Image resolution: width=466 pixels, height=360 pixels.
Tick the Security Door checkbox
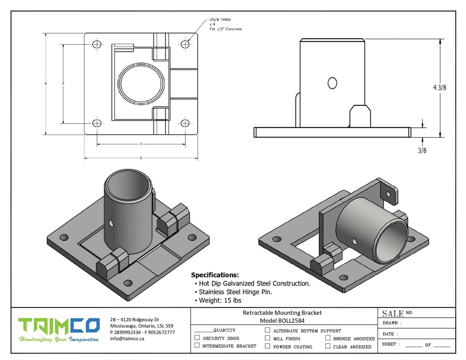(x=197, y=338)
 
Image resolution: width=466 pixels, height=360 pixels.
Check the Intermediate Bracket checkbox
(x=197, y=346)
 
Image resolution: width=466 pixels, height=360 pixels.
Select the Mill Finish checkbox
(x=267, y=338)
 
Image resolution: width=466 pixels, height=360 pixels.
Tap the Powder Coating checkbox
(x=267, y=346)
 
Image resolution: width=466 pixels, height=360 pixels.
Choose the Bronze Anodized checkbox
(x=328, y=338)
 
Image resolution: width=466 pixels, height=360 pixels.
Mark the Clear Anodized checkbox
(x=328, y=346)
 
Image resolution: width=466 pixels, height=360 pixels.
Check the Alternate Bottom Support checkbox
(x=267, y=330)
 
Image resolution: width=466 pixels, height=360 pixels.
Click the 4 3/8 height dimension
(x=439, y=88)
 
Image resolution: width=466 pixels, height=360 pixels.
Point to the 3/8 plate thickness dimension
(x=422, y=150)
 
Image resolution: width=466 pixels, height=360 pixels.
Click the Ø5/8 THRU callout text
(x=220, y=20)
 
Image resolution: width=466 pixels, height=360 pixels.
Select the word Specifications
(x=215, y=275)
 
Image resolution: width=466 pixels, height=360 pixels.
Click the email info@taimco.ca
(x=127, y=339)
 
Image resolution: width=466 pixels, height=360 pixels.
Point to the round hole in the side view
(x=332, y=83)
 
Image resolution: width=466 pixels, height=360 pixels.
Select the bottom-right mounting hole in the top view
(x=185, y=123)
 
